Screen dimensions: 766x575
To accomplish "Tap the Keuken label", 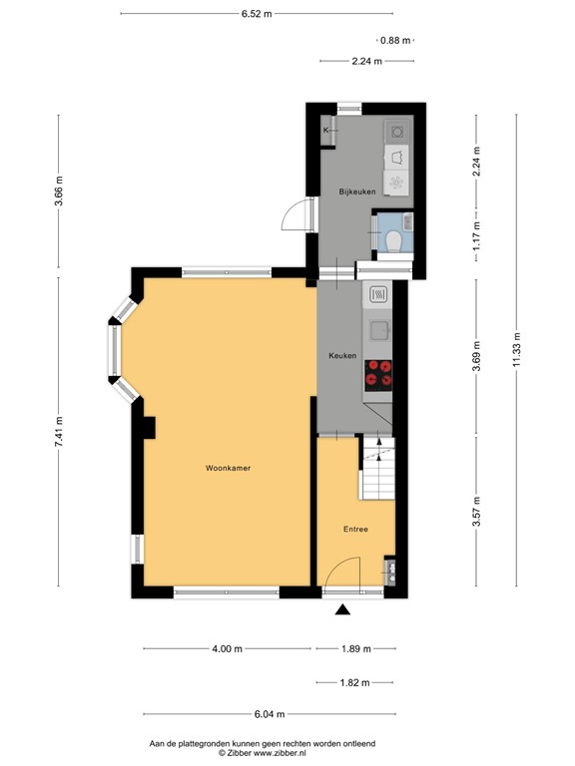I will (x=342, y=356).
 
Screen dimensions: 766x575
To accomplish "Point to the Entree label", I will (x=355, y=530).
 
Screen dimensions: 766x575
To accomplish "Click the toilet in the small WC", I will (x=393, y=239).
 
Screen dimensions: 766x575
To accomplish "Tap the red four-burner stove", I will (x=379, y=373).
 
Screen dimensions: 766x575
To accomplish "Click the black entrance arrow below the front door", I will (x=343, y=610).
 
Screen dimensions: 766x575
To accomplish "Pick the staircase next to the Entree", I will (x=376, y=472).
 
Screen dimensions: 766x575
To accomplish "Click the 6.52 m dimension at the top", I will (x=257, y=14).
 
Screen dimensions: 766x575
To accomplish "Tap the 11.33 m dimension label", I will (x=517, y=351).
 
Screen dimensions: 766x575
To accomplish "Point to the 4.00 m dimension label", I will (x=227, y=648).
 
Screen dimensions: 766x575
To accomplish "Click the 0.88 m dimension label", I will (x=395, y=41).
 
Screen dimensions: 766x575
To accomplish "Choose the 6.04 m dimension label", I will (x=269, y=714).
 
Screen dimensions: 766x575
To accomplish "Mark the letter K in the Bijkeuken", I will (x=325, y=130).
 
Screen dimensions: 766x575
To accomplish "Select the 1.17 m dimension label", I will (x=476, y=232).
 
